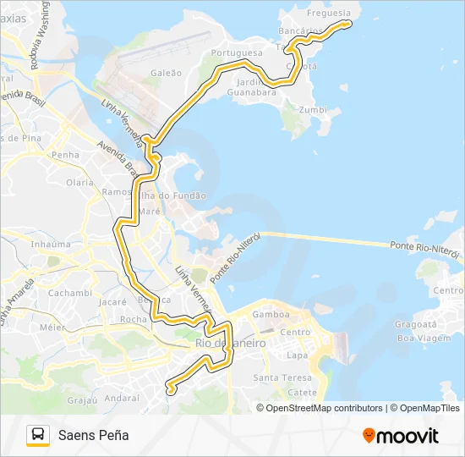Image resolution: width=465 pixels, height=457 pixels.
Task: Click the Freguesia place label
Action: point(328,14)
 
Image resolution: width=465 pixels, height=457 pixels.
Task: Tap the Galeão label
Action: point(166,73)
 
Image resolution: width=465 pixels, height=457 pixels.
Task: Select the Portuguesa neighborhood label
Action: point(238,52)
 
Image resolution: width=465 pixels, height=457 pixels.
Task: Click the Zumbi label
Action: point(313,110)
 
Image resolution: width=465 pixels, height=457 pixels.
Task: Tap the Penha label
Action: point(65,155)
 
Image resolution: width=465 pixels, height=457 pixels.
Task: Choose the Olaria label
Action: point(79,182)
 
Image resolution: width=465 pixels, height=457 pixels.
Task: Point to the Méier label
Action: point(52,327)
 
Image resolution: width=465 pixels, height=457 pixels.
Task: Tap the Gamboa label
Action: point(271,314)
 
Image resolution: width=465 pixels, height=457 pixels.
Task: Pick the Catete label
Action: point(302,392)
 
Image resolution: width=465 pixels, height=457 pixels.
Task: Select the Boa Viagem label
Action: point(417,338)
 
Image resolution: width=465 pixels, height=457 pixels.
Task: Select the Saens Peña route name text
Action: point(94,435)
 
